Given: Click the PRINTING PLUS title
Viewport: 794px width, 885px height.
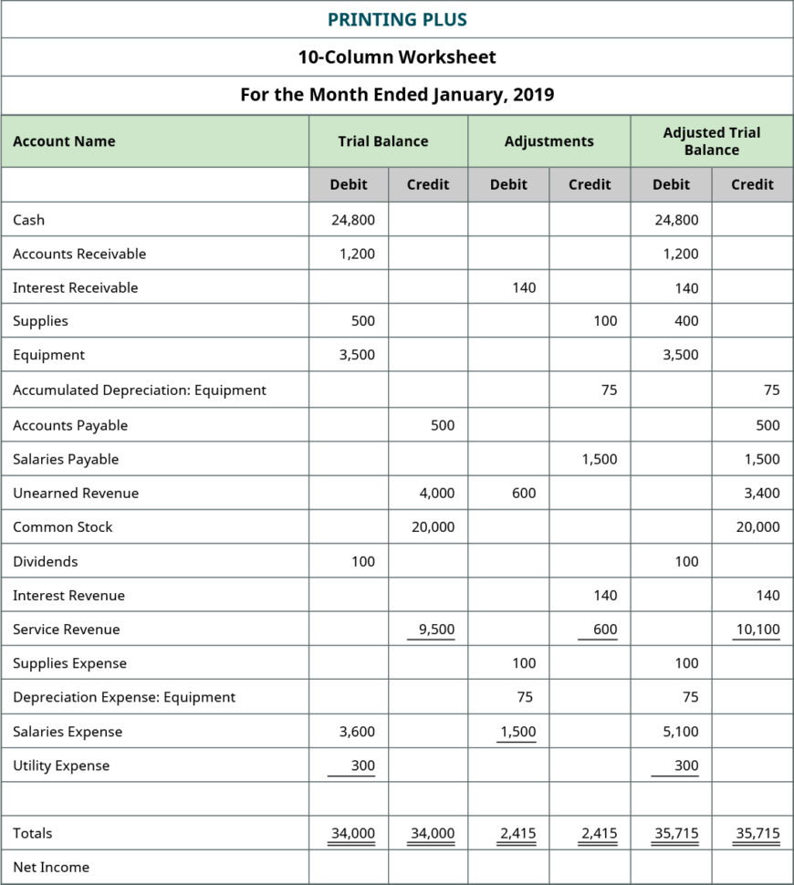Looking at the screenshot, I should point(397,19).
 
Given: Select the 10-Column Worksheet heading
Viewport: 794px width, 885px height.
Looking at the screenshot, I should point(397,57).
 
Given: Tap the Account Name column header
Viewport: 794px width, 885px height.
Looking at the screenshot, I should point(64,141).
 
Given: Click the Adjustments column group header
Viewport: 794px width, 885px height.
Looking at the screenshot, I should point(548,141).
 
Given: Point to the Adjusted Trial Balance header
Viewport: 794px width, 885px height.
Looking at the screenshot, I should point(711,141).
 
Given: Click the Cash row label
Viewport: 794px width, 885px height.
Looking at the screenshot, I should point(28,220).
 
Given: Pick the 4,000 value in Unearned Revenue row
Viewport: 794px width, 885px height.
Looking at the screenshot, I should point(436,493).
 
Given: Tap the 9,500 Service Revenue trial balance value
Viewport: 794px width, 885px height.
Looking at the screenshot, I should point(436,629).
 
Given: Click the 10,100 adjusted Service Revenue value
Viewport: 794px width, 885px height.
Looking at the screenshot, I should point(757,629).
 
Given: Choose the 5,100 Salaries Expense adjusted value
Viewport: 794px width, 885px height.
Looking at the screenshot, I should point(681,732).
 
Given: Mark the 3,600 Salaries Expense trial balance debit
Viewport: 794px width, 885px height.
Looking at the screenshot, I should point(356,732).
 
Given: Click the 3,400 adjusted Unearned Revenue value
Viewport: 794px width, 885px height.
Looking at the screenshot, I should point(761,493).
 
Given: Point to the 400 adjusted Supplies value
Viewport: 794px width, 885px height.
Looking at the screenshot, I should point(686,321).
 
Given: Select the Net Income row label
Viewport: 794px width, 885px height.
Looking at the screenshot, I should point(51,867).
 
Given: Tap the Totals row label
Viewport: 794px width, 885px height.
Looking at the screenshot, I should point(33,833).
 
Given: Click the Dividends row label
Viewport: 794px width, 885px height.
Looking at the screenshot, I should point(46,561).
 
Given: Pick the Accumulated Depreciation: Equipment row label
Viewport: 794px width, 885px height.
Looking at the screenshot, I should point(140,390).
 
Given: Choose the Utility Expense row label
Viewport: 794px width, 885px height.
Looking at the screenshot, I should point(61,765).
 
